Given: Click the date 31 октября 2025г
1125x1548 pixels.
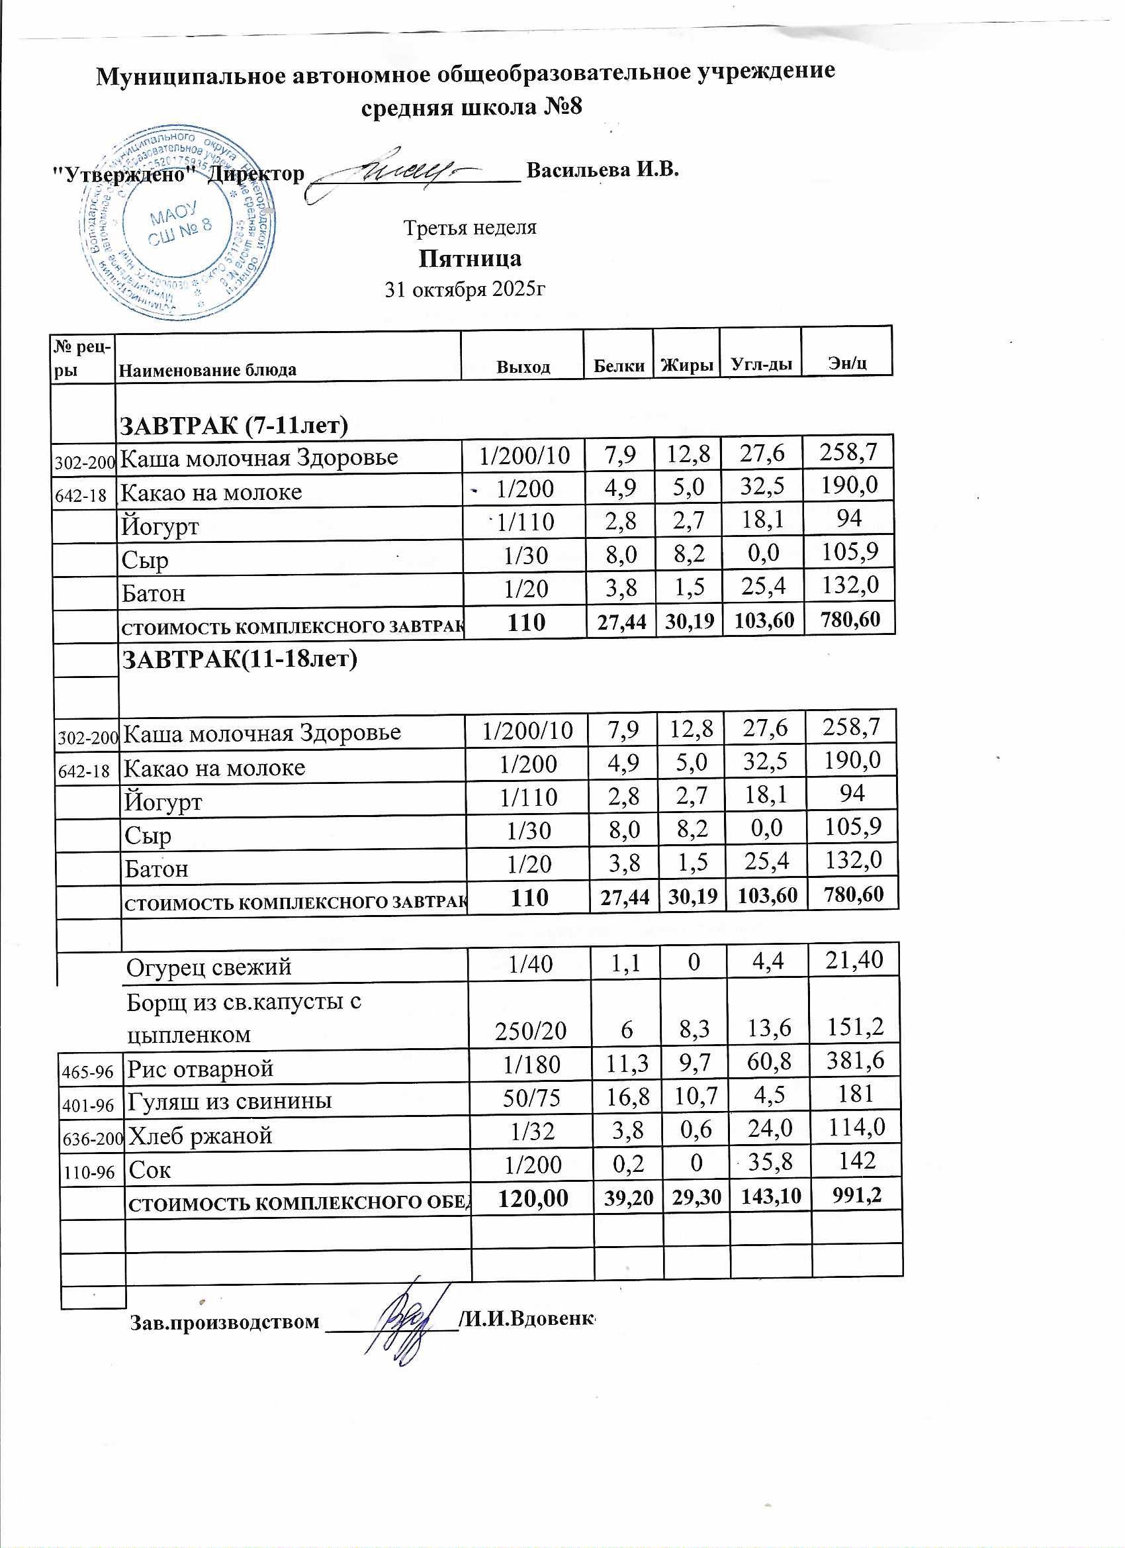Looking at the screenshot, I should (x=465, y=290).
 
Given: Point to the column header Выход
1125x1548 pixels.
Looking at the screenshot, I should (x=523, y=367).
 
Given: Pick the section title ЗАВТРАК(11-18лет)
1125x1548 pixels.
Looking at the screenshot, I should (x=239, y=659).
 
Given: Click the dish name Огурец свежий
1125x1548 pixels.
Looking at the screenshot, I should (x=208, y=967).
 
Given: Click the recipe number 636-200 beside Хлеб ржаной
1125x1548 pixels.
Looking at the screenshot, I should (x=92, y=1137).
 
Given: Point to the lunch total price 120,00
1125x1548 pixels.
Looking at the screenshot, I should (x=533, y=1198).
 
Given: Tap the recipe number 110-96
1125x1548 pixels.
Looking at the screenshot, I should (x=89, y=1173).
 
